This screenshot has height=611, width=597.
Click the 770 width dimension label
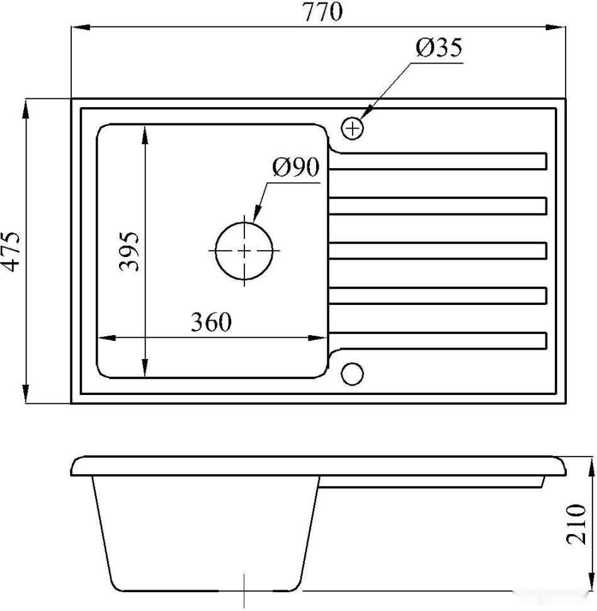[322, 12]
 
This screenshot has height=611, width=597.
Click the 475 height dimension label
[10, 251]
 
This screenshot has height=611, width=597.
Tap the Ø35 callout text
[439, 47]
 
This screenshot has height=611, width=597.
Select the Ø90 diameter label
[296, 167]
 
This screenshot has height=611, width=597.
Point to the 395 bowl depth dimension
[128, 251]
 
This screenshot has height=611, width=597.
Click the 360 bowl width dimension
[211, 323]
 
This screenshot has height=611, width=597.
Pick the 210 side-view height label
[576, 523]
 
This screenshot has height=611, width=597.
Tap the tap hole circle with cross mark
[352, 128]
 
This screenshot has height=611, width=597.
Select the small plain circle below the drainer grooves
[352, 374]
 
